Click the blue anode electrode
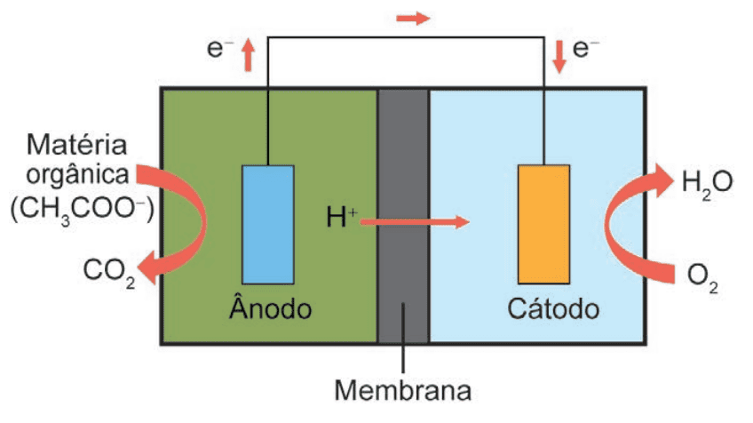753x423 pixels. click(x=268, y=225)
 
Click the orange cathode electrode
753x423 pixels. click(x=544, y=225)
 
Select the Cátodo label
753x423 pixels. click(x=553, y=308)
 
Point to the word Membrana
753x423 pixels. click(x=403, y=390)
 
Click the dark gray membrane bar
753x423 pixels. click(x=403, y=216)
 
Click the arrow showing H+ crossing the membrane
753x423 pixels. click(x=415, y=221)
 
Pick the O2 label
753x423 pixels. click(x=702, y=278)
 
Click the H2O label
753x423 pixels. click(x=707, y=185)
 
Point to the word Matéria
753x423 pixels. click(x=77, y=144)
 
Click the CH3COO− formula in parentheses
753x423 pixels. click(x=82, y=211)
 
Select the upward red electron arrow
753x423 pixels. click(x=249, y=55)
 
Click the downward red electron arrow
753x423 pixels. click(x=559, y=57)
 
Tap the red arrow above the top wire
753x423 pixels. click(x=413, y=19)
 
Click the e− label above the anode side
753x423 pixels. click(x=220, y=48)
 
